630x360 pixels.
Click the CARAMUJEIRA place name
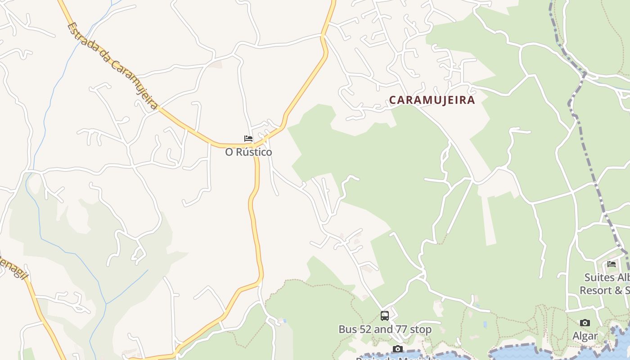432,100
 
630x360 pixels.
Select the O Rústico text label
248,152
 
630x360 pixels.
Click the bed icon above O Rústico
248,139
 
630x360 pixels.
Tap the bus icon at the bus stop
384,316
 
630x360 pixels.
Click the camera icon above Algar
585,323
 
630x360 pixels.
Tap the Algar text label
585,336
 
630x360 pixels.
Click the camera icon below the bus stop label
398,349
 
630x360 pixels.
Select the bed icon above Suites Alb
611,264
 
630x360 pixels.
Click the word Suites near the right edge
599,277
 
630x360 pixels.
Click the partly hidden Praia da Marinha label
398,358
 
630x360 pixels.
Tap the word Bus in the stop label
346,329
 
